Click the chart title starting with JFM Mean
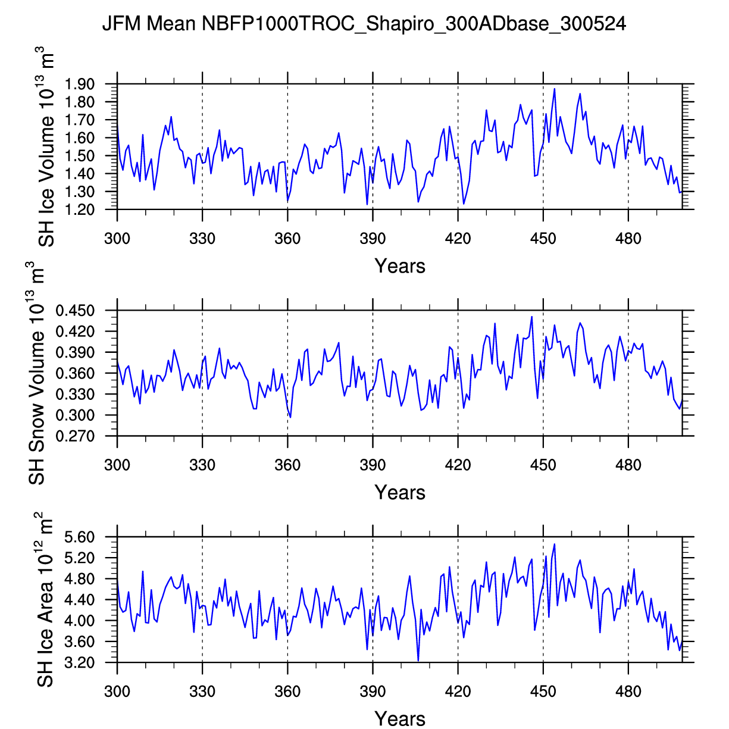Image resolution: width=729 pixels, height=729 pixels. [x=364, y=24]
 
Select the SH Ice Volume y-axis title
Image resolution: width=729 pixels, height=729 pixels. [x=47, y=149]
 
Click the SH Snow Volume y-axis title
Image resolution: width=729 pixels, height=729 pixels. [x=37, y=373]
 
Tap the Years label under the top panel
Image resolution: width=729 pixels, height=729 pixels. [x=400, y=266]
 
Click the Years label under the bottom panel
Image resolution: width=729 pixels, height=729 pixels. [x=400, y=719]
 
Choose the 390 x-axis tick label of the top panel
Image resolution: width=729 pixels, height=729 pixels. [x=373, y=239]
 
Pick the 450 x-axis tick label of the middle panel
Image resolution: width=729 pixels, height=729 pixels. [x=543, y=465]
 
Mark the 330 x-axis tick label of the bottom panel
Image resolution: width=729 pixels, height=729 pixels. [x=202, y=692]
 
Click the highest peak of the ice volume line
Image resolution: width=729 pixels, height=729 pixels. [x=555, y=89]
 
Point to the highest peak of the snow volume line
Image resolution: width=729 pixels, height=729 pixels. [x=531, y=317]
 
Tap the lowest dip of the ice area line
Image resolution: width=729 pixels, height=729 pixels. [x=418, y=661]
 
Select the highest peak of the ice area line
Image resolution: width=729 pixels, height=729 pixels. [x=555, y=544]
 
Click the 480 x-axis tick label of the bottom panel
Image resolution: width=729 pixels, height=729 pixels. [x=628, y=692]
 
